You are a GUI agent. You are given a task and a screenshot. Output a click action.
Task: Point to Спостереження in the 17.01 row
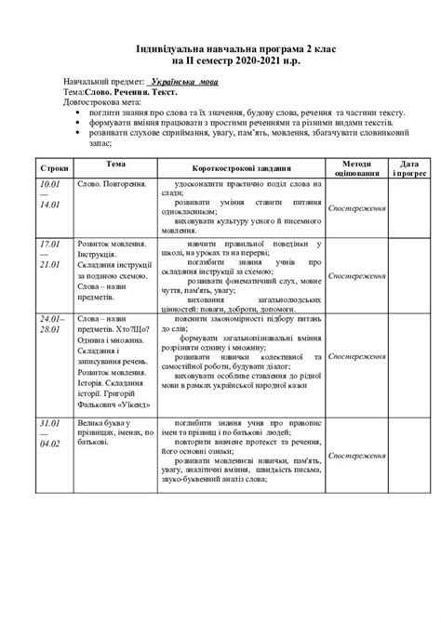(x=357, y=276)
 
